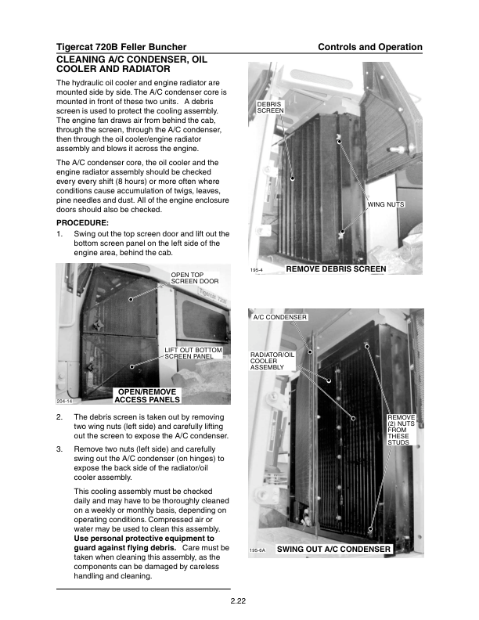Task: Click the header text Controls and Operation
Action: coord(369,47)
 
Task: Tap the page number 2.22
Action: coord(239,601)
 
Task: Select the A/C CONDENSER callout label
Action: coord(279,317)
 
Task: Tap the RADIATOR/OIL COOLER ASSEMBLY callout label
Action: coord(272,361)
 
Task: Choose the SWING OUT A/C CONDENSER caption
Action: coord(333,550)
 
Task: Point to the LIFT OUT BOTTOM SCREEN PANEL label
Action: coord(193,352)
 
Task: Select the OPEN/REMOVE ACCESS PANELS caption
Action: coord(148,395)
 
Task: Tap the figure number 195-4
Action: coord(255,270)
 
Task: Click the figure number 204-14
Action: coord(64,400)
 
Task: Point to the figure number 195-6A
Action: coord(258,551)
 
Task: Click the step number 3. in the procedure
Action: coord(59,449)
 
